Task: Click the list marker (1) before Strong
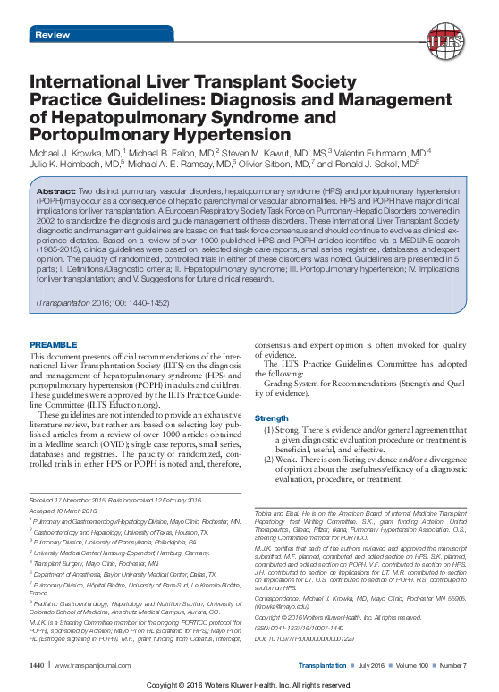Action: click(268, 430)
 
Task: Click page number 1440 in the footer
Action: click(37, 666)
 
